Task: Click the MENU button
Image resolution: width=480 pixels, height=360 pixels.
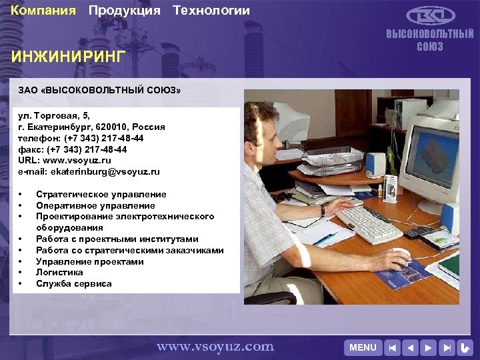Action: pos(363,347)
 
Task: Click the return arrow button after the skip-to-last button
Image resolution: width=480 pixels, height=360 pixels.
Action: pos(465,347)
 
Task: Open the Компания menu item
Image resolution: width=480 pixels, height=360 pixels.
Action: pos(43,11)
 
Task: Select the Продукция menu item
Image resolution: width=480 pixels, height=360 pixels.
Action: pos(125,11)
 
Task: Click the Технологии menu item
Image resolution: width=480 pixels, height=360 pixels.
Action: pos(211,11)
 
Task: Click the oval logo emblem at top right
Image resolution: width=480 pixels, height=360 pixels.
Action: pos(431,15)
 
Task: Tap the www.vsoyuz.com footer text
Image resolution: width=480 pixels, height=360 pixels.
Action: pos(215,346)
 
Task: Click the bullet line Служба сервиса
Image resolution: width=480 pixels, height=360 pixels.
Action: pos(74,283)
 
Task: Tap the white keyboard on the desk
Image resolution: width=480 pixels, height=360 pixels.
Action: pos(369,224)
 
